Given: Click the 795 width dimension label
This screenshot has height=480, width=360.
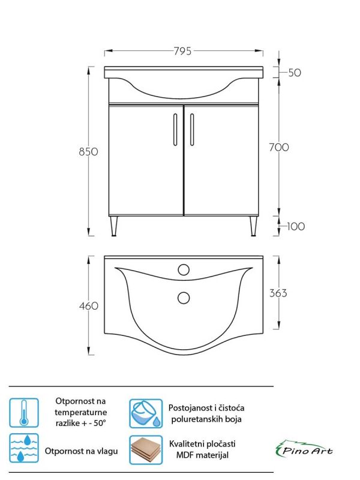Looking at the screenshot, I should point(184,52).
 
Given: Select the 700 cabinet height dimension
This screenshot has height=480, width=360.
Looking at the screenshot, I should point(279,147).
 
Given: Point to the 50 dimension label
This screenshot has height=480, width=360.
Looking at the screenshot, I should point(295,73).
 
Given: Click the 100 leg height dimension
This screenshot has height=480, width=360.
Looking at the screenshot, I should point(296,226).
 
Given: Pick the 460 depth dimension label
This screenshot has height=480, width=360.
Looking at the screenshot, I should point(88,306).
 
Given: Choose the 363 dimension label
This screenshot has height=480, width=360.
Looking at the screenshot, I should point(278,293).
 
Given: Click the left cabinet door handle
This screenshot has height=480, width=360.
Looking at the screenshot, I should point(175,129).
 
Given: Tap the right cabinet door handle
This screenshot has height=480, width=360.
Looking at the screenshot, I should point(192,129).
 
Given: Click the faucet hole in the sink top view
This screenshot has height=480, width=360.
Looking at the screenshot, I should point(184,269).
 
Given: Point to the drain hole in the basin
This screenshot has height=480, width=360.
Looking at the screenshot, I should point(184,296).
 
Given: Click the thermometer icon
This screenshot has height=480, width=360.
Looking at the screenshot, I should point(24,413).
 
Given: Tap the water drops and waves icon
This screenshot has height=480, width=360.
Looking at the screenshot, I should point(24,449).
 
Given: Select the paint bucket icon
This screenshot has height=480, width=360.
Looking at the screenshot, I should point(146,413).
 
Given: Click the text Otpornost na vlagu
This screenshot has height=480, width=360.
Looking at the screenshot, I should point(80,451).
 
